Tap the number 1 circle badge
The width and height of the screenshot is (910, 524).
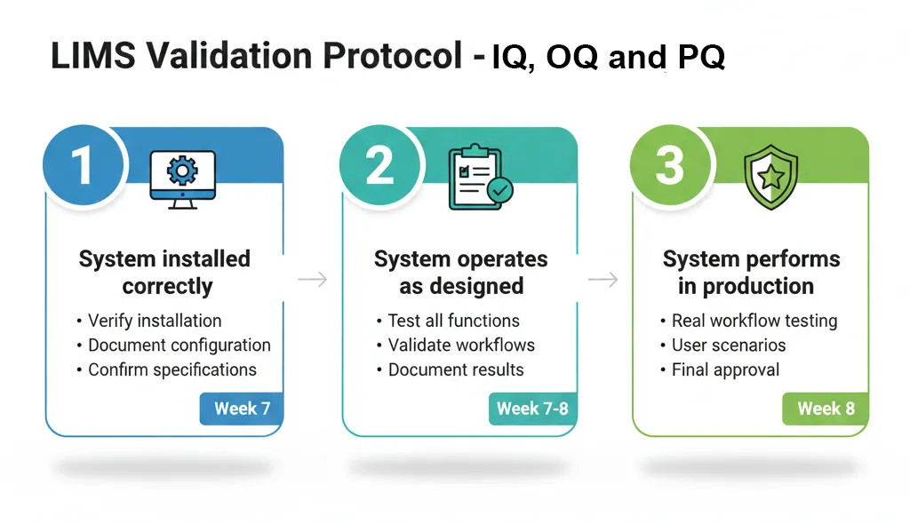[82, 165]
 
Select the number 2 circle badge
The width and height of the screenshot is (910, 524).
[379, 165]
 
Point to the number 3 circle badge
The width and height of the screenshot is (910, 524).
[669, 165]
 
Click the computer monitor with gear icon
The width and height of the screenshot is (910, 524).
[183, 179]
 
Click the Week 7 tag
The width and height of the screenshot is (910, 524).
[242, 409]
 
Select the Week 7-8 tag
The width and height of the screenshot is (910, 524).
[532, 409]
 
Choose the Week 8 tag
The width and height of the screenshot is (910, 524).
[826, 409]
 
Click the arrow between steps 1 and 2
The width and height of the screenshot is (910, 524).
[312, 280]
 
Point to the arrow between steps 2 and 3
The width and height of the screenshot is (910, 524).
[603, 280]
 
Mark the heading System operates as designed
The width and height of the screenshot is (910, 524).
[460, 273]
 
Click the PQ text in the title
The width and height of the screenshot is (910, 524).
[700, 57]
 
